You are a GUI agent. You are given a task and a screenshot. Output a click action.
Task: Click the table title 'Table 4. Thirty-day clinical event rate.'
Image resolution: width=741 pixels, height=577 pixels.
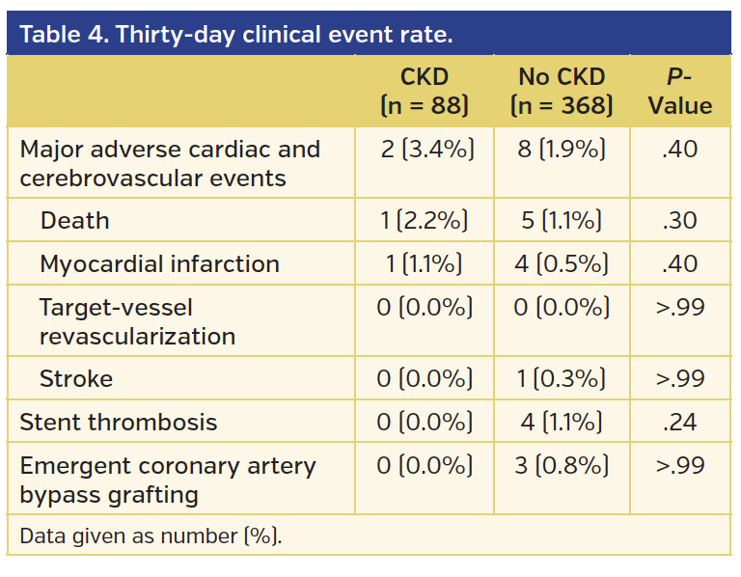[236, 35]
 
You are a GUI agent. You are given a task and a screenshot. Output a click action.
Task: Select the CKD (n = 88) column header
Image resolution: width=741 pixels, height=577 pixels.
[425, 92]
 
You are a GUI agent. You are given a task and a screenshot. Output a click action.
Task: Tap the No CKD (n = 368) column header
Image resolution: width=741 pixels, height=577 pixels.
[562, 92]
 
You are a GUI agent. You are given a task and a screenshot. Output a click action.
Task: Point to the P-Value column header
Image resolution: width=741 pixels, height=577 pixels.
[680, 92]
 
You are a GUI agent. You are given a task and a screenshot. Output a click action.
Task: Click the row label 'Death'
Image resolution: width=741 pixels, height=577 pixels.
[74, 221]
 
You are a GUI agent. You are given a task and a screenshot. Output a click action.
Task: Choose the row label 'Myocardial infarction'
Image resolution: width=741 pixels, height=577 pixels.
[159, 264]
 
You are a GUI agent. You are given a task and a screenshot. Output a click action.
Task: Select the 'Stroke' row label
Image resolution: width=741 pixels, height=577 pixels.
[75, 379]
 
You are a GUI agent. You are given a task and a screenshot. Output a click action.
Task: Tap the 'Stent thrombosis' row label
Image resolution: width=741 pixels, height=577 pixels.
[118, 423]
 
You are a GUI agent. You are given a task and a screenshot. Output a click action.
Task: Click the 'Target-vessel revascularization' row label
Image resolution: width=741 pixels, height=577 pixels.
[137, 322]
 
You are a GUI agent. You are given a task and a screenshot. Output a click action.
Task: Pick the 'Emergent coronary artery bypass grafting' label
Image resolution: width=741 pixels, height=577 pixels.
[168, 481]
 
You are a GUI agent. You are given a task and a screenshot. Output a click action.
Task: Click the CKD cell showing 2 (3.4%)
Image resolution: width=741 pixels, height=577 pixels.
[425, 150]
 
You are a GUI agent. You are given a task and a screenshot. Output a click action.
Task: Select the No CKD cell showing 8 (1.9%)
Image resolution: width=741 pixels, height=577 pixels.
[562, 150]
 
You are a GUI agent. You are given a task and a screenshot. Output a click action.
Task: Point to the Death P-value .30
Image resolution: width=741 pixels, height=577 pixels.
[680, 221]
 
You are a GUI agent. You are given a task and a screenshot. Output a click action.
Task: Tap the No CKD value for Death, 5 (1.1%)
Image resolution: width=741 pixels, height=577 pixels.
[562, 221]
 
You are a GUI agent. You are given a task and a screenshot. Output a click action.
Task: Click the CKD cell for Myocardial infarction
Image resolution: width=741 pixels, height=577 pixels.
[425, 264]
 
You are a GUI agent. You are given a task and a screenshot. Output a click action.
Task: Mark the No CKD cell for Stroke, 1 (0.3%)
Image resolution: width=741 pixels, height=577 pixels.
[562, 379]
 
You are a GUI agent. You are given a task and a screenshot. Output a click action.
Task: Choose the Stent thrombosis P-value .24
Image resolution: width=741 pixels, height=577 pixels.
[680, 423]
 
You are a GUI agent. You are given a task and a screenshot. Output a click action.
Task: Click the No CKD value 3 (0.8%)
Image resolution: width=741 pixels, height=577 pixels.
[562, 466]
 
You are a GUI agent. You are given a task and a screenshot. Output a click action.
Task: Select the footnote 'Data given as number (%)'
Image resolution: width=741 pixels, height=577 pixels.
[151, 536]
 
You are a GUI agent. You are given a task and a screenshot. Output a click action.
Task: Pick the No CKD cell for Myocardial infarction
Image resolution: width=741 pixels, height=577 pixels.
[562, 264]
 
